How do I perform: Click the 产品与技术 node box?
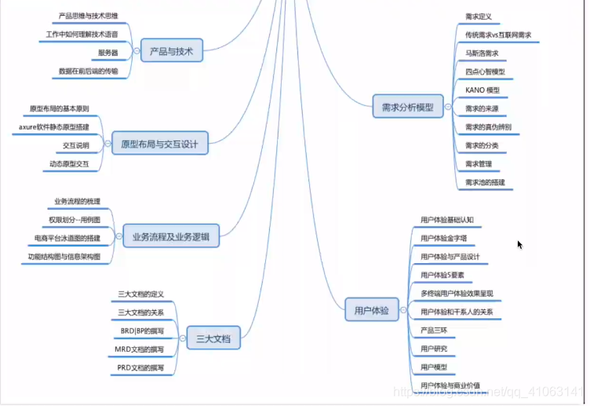coord(171,52)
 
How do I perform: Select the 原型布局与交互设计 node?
coord(159,144)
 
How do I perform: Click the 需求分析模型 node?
coord(407,107)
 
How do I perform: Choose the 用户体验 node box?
coord(372,310)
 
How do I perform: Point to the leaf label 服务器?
coord(107,53)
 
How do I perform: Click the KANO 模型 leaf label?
coord(482,90)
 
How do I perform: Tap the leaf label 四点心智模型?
coord(485,71)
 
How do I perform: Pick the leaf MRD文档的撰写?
coord(141,349)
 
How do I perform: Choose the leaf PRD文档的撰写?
coord(141,368)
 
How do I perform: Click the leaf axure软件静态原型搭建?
coord(54,126)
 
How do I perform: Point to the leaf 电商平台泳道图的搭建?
coord(67,237)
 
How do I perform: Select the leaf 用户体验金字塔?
coord(443,238)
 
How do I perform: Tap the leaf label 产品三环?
coord(433,330)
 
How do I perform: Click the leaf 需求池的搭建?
coord(485,182)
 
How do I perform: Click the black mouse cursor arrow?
coord(519,244)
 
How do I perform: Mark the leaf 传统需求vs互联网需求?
coord(497,35)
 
